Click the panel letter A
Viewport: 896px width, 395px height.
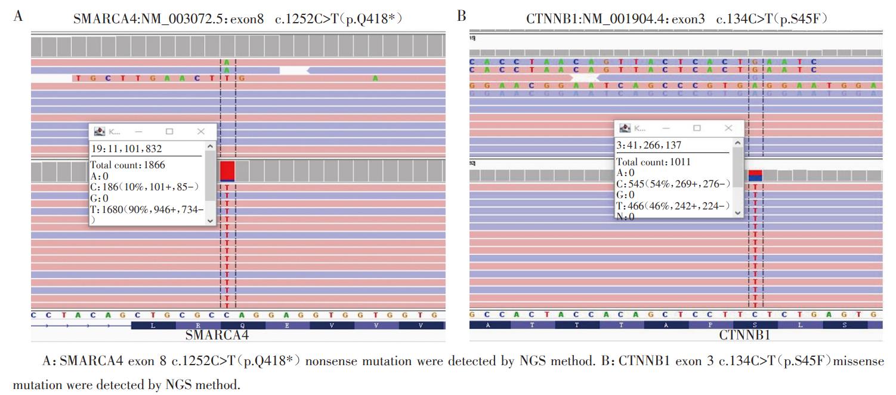pos(18,16)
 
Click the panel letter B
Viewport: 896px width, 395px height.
pos(462,16)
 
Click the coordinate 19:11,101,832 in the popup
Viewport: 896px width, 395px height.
pos(126,149)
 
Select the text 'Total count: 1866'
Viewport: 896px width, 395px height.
pos(128,165)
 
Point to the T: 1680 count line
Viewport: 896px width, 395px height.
pos(147,209)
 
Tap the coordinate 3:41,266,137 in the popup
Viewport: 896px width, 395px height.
pos(648,145)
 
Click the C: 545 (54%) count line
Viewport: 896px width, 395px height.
pos(673,184)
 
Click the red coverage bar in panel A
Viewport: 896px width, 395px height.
pos(227,170)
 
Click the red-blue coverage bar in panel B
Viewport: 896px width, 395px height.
pos(755,175)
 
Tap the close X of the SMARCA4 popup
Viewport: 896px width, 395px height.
pos(200,131)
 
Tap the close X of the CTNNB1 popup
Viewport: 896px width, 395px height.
pos(728,128)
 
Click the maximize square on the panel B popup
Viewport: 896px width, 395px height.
pos(696,128)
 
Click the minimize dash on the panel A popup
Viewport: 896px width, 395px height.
pos(138,131)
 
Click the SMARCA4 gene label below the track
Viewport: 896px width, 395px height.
pos(217,335)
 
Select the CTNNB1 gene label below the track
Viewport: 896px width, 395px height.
pos(744,335)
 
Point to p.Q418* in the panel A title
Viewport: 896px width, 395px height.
pos(373,19)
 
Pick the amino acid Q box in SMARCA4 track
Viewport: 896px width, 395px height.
pos(242,326)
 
